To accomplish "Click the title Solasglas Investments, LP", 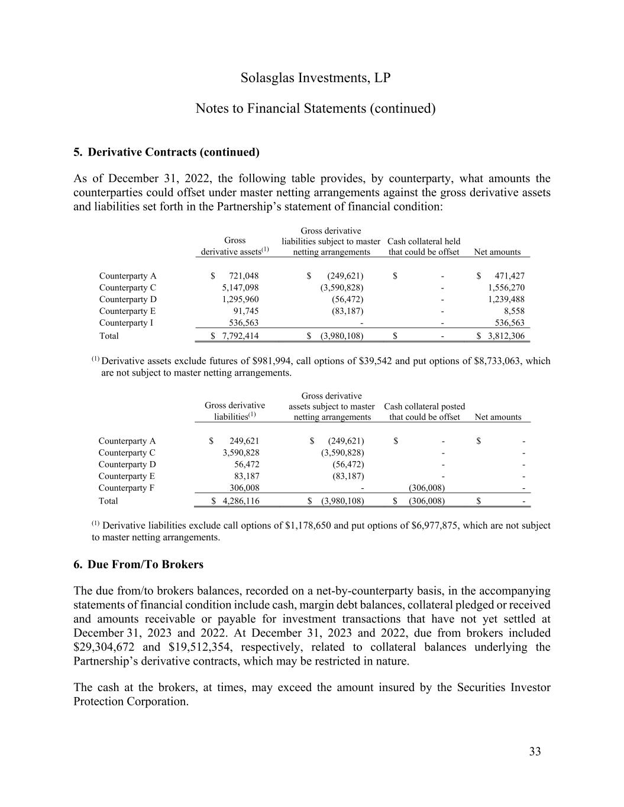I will pos(316,78).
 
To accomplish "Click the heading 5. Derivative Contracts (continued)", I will pos(166,152).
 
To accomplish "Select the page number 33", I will pos(535,751).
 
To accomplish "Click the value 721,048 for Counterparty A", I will pos(243,276).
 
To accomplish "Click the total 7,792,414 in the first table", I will pos(240,336).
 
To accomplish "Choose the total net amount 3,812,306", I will pos(506,336).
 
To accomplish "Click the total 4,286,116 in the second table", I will pos(240,501).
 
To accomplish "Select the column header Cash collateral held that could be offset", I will pos(423,247).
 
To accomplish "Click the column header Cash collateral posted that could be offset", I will pos(424,411).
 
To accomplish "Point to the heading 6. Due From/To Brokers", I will pos(138,564).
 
